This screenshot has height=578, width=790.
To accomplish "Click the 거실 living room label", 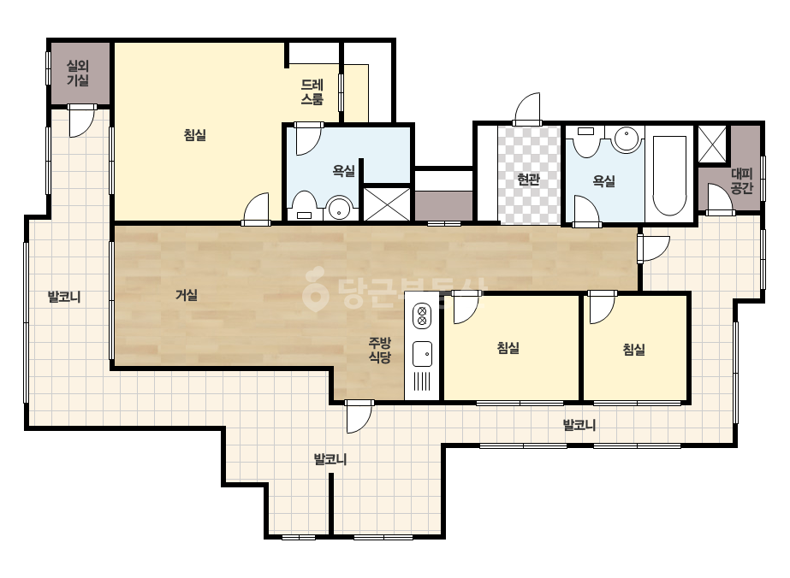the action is pos(187,295).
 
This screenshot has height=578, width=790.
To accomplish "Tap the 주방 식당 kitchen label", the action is pos(379,351).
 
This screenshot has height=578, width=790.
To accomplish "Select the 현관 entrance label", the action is pos(528,180).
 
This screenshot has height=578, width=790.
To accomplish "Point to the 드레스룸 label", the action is pos(312,92).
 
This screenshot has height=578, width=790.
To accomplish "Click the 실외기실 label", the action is pos(78,73).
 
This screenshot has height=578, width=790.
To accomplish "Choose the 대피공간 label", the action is pos(741,181).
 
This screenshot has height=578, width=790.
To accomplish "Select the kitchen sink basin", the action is pos(422,353).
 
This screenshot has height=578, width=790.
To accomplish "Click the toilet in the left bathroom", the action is pos(305,205).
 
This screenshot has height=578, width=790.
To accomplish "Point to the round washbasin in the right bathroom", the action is pos(627,139).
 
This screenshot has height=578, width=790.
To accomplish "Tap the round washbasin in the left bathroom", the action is pos(340,209).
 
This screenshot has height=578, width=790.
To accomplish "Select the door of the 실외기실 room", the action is pos(81,121).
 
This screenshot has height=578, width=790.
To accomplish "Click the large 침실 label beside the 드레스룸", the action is pos(195,135).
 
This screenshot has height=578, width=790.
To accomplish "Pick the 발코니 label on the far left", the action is pos(64,297).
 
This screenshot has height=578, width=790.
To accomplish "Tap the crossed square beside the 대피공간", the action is pos(712,144).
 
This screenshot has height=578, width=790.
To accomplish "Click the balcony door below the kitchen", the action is pos(359,417).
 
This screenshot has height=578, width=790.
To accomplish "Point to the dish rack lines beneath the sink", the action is pos(422,381).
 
